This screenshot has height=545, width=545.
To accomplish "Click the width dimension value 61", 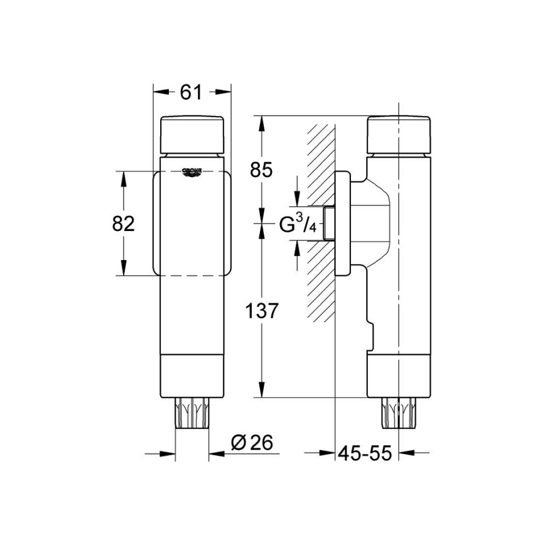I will point(191,92).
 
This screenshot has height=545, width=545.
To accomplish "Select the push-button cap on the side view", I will point(399,135).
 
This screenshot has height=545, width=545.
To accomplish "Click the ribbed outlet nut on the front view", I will point(192,414).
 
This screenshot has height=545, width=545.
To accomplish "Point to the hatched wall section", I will point(321,220).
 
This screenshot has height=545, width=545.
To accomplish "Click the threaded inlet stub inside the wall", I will point(328,224).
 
